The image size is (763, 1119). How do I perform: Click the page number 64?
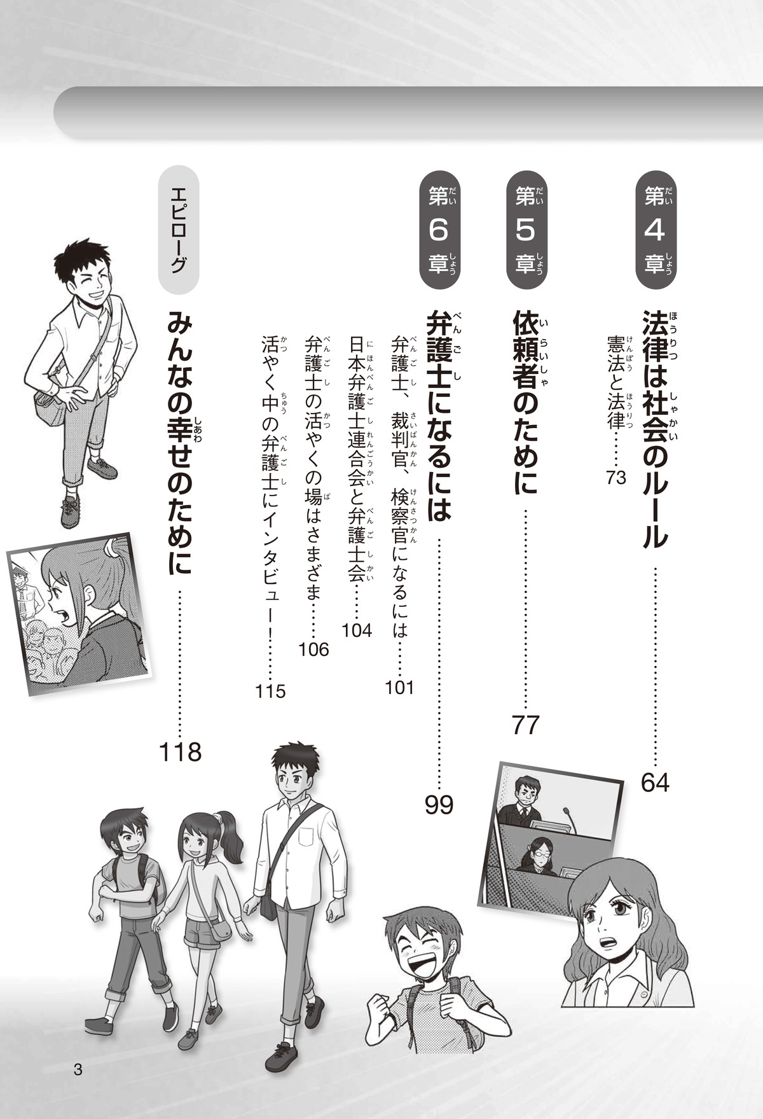coord(656,782)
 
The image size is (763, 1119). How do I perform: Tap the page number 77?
coord(526,725)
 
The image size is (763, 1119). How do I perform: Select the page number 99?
coord(439,805)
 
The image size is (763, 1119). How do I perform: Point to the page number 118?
coord(180,753)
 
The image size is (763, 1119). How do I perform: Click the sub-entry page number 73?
coord(617,478)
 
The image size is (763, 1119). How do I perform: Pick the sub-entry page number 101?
coord(399,688)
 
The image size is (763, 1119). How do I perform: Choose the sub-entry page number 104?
coord(357,630)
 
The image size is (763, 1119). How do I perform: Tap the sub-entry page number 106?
coord(314,650)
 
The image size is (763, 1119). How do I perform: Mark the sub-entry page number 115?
coord(271,692)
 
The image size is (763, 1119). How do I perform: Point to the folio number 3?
coord(78,1069)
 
